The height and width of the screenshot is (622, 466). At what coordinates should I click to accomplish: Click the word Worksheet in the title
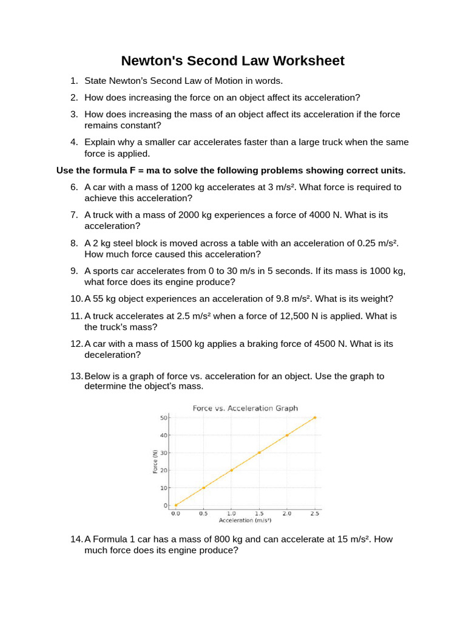coord(308,61)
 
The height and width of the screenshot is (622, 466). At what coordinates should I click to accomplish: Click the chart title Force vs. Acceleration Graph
coord(245,408)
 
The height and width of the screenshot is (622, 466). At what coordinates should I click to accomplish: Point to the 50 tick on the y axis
coord(164,417)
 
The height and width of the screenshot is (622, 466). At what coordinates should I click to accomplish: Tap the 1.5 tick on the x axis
coord(259,513)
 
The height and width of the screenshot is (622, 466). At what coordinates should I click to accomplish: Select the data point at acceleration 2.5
coord(314,417)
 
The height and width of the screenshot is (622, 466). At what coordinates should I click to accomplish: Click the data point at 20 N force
coord(231,470)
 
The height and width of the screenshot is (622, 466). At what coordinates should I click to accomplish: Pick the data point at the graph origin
coord(175,505)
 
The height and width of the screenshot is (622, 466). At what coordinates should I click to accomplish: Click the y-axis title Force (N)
coord(155,462)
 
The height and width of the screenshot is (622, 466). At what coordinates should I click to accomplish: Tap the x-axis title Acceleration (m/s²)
coord(245,521)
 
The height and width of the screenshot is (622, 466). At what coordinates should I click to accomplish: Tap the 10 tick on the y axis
coord(164,488)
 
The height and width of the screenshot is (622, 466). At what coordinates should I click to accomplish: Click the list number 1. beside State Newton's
coord(74,81)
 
